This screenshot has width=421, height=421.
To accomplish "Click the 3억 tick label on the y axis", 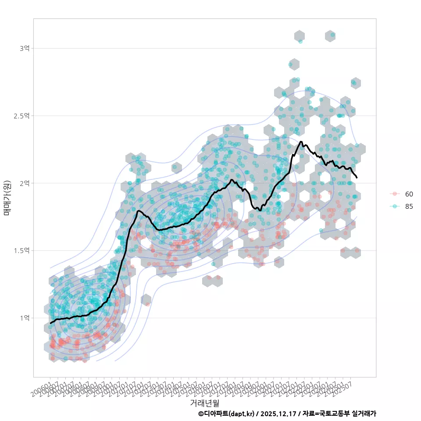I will pos(24,48).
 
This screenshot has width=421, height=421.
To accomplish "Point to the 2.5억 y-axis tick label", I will pos(21,116).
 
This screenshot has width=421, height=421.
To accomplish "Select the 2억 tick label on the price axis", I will pos(24,183).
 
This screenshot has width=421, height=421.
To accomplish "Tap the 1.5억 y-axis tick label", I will pos(21,250).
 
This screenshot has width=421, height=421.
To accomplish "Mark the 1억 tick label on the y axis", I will pos(24,318).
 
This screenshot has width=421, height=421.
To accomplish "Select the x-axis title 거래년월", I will pos(204,403).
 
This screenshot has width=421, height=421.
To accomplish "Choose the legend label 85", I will pos(409,207).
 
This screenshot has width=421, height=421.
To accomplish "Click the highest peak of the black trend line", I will pos(301,142).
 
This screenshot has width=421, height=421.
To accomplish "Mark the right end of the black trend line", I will pos(357,178).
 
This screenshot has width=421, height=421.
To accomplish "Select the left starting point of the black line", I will pos(50,323).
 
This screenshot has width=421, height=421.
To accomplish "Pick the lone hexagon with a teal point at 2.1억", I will pos(176,167).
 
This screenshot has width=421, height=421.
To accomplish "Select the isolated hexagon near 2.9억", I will pos(294,64).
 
